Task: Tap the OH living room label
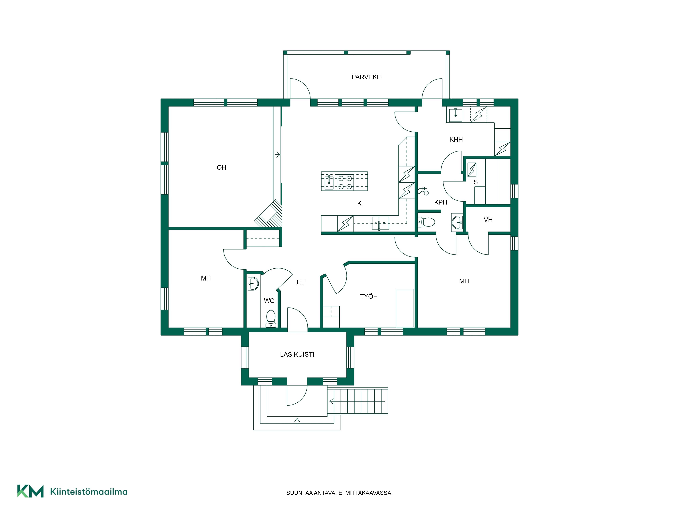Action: pyautogui.click(x=221, y=168)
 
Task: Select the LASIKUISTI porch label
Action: pyautogui.click(x=297, y=354)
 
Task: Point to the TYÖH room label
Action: pyautogui.click(x=369, y=296)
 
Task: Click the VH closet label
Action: pyautogui.click(x=488, y=220)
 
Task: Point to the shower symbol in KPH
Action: pyautogui.click(x=423, y=191)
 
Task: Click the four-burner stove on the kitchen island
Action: pyautogui.click(x=345, y=182)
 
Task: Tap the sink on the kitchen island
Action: pyautogui.click(x=329, y=182)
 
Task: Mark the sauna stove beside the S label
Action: pyautogui.click(x=472, y=170)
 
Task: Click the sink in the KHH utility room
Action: pyautogui.click(x=456, y=115)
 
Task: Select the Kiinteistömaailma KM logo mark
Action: pyautogui.click(x=30, y=491)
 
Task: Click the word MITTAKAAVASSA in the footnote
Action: pyautogui.click(x=369, y=493)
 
